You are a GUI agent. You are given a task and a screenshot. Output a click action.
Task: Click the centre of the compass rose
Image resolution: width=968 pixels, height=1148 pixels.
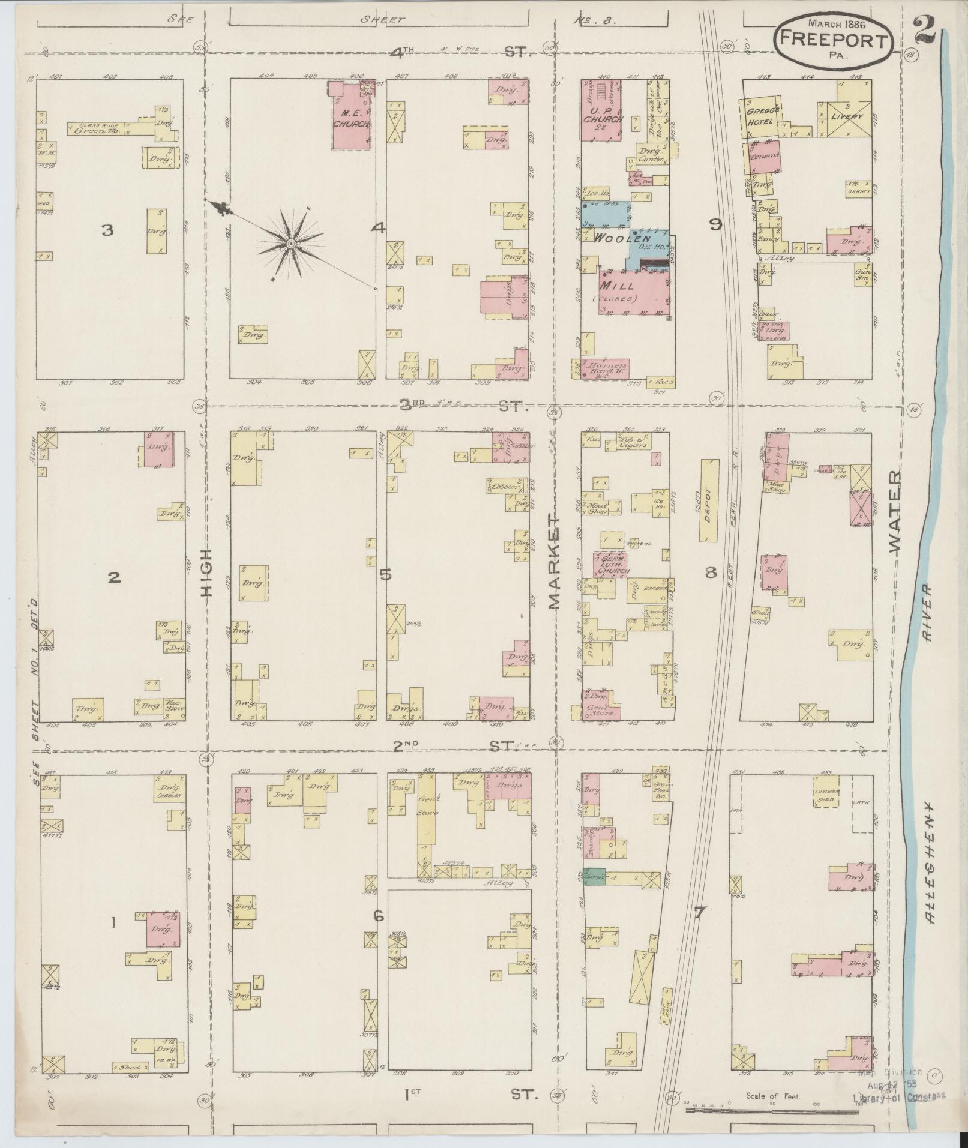(x=290, y=244)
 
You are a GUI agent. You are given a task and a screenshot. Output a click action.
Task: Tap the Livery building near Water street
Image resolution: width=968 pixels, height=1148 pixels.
(x=847, y=116)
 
